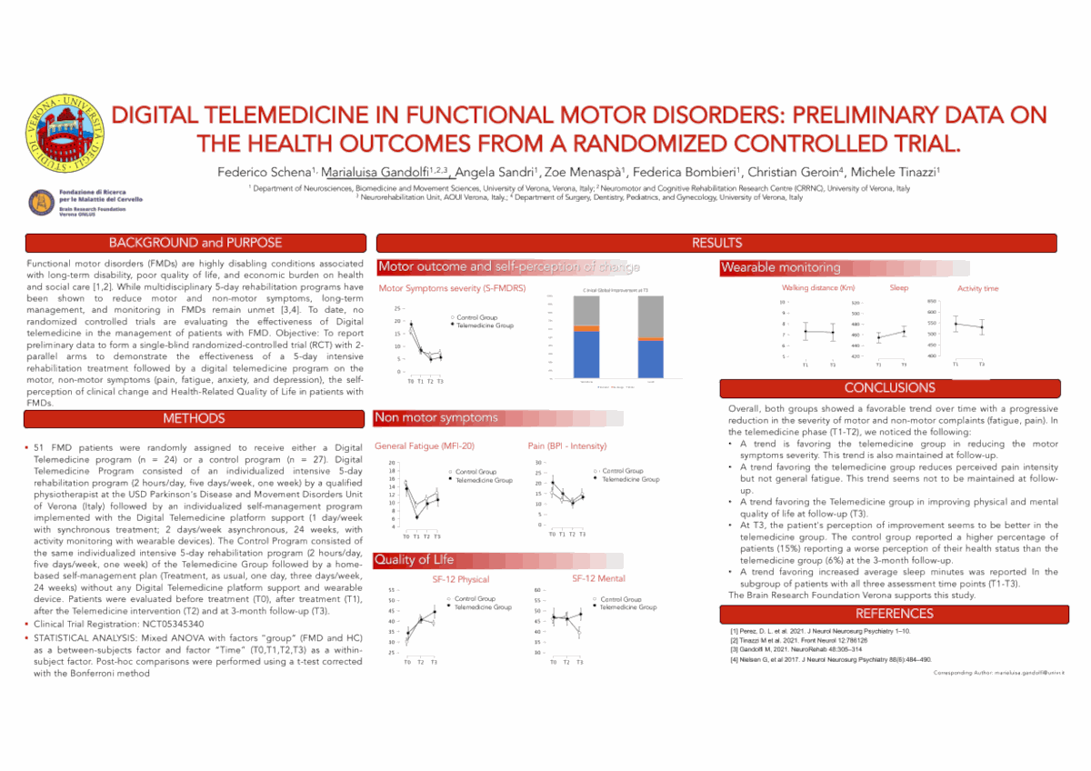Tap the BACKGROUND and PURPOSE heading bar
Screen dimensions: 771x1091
coord(195,243)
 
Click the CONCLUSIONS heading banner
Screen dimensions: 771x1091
coord(889,388)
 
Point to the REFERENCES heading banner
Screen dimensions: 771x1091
coord(889,614)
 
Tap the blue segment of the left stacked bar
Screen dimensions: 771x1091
coord(586,355)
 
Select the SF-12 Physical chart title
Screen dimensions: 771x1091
coord(461,579)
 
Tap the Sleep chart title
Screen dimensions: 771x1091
coord(898,288)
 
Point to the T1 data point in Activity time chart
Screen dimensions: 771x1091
coord(956,324)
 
